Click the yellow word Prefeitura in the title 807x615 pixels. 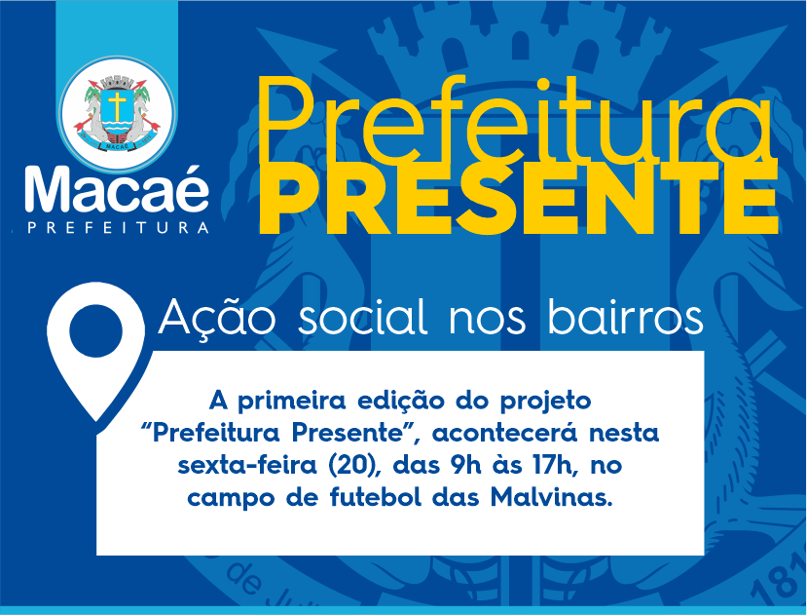point(516,121)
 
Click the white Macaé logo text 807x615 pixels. point(117,189)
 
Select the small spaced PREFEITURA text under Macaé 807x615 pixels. point(118,228)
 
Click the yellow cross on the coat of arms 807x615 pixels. point(118,105)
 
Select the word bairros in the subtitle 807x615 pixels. point(625,316)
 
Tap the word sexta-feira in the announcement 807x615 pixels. point(247,466)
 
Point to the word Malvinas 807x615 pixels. point(552,497)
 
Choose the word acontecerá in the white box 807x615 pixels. point(505,434)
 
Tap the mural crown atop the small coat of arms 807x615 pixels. point(118,82)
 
